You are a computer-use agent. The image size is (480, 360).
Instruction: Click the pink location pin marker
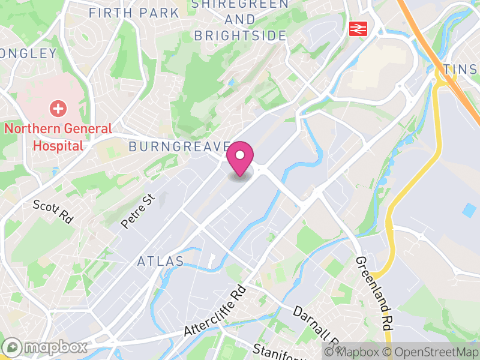[x=240, y=159]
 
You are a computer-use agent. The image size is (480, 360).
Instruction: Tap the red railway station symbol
[x=359, y=28]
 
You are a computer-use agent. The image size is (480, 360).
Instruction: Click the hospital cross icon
[x=58, y=109]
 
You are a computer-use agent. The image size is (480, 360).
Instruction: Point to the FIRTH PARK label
[x=134, y=13]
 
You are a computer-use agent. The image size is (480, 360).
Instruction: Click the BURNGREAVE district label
[x=179, y=146]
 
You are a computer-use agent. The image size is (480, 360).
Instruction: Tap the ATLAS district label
[x=160, y=261]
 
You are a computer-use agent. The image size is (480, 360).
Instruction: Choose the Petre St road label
[x=137, y=210]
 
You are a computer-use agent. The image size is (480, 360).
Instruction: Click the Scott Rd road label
[x=53, y=211]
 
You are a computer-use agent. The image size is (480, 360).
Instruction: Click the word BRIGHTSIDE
[x=241, y=35]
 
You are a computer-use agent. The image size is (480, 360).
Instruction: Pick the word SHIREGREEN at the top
[x=240, y=5]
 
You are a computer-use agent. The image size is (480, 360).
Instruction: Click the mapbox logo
[x=46, y=347]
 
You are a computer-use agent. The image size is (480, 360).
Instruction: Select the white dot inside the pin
[x=240, y=155]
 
